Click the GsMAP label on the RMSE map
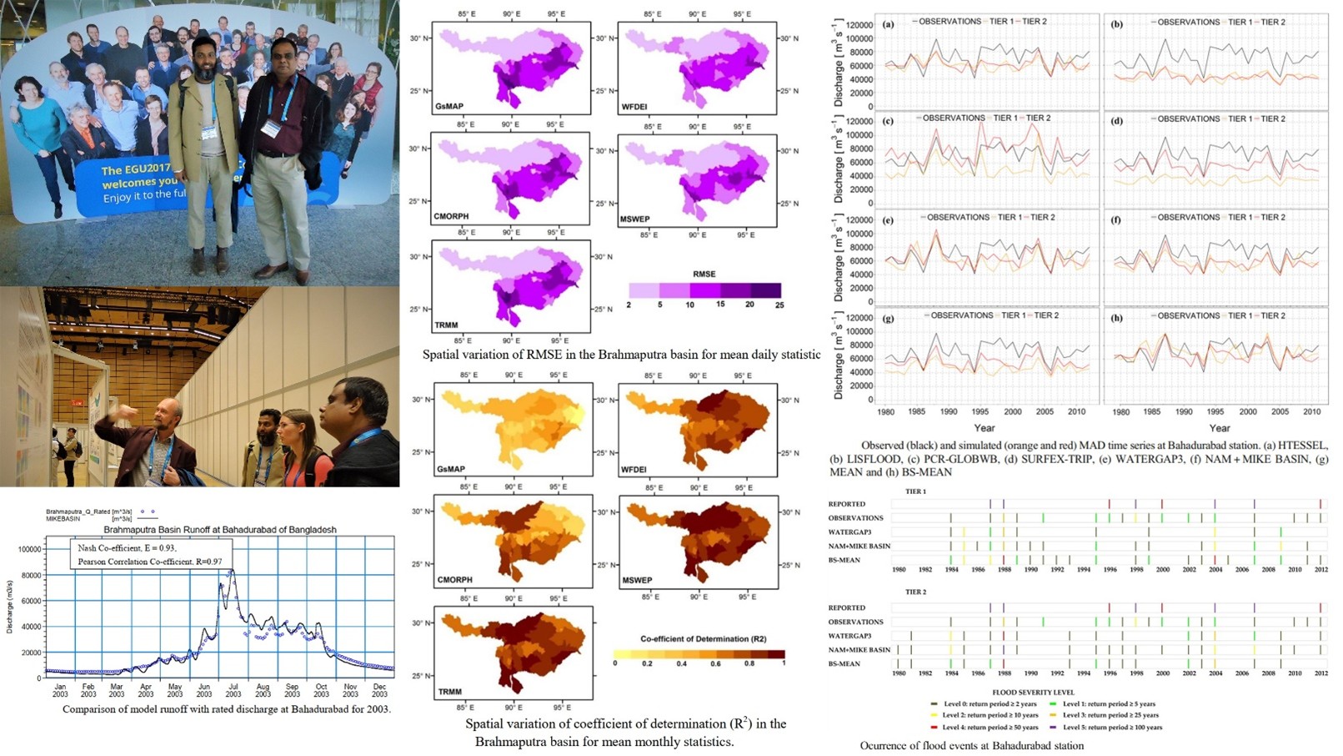(x=449, y=107)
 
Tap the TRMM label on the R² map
(x=450, y=692)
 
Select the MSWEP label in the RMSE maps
(x=635, y=219)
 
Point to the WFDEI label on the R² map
(x=634, y=470)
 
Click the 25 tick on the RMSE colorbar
(x=779, y=305)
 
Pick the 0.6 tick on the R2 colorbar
(x=716, y=663)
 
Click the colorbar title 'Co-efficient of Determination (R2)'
(x=703, y=638)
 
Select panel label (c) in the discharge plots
(x=888, y=121)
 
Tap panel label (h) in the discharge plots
(x=1116, y=318)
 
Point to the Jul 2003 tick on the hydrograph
(x=233, y=689)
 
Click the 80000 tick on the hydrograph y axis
(x=29, y=575)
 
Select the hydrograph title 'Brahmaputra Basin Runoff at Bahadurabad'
(x=220, y=530)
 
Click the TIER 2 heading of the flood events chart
(x=915, y=592)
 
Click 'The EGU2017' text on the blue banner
(x=135, y=169)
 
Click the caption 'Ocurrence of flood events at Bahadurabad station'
(x=972, y=746)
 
